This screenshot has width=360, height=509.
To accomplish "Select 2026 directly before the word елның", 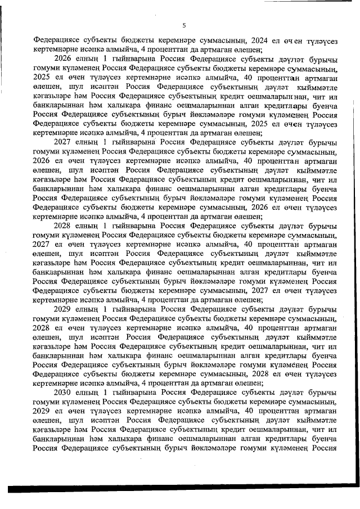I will tap(63, 58).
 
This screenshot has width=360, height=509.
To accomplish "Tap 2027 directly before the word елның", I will tap(63, 142).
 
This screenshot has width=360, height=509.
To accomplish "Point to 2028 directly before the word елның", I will tap(63, 226).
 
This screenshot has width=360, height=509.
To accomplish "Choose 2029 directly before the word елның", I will tap(63, 309).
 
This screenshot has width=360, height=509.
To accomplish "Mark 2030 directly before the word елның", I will tap(63, 392).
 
